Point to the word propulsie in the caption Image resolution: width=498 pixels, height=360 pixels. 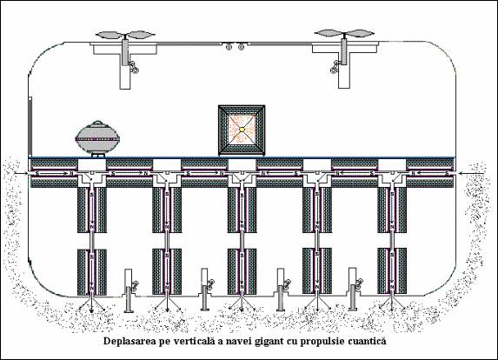[x=322, y=342]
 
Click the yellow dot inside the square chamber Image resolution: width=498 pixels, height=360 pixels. [x=242, y=130]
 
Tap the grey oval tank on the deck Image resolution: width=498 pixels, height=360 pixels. [x=97, y=138]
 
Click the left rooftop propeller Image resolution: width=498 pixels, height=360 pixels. [x=126, y=35]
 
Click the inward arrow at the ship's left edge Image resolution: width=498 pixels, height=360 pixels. [x=22, y=173]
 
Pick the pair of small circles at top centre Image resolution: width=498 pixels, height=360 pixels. [x=235, y=47]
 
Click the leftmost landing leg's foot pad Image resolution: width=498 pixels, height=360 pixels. [x=129, y=310]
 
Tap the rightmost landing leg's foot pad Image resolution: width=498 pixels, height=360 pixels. [x=353, y=309]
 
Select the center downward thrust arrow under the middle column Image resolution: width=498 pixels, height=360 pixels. [x=242, y=302]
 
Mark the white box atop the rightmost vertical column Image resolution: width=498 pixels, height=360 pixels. [x=392, y=165]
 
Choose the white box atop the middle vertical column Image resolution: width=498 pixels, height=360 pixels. [x=242, y=165]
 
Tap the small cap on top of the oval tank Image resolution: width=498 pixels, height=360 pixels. [x=97, y=123]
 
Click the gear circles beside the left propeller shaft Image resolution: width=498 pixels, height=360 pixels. [x=133, y=67]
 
